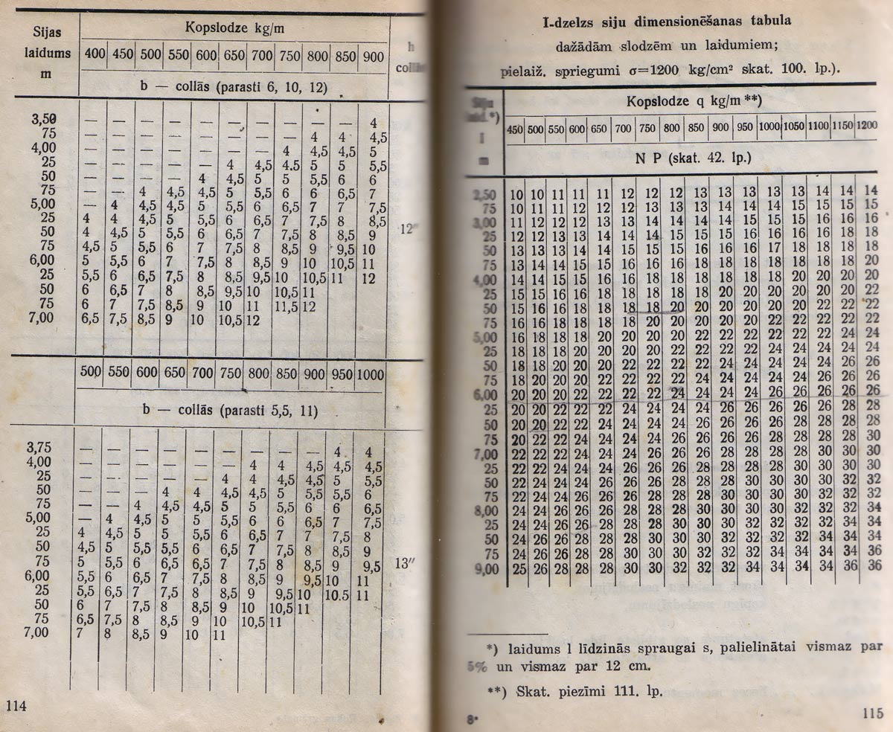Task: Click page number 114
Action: (x=16, y=706)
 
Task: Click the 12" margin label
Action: (x=408, y=229)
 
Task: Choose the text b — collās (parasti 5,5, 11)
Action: (x=229, y=411)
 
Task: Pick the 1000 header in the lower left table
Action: (x=370, y=373)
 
